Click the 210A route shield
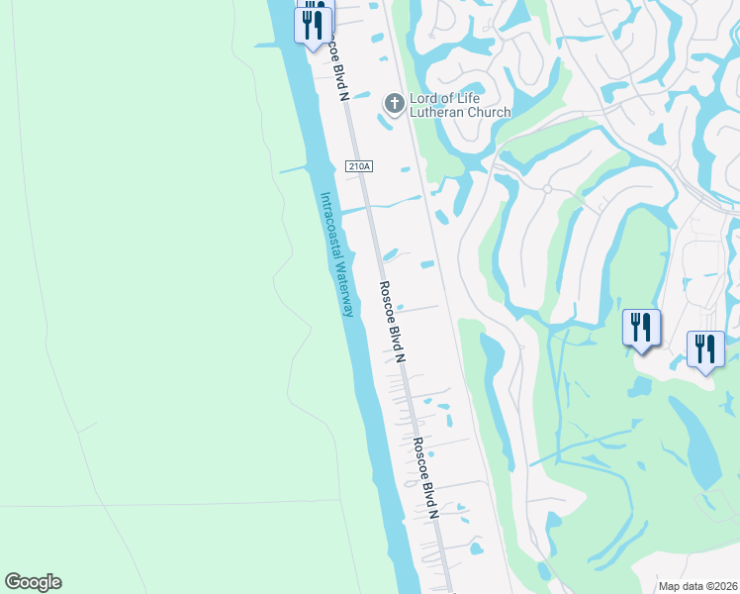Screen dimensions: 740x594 click(x=359, y=167)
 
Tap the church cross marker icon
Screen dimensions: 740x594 click(x=394, y=102)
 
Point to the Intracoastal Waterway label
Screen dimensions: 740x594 click(x=336, y=254)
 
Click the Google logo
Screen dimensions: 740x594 click(x=33, y=582)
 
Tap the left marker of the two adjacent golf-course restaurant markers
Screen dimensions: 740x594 click(x=641, y=327)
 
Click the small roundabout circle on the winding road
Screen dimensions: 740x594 click(x=546, y=188)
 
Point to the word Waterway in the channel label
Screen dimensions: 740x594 click(x=343, y=285)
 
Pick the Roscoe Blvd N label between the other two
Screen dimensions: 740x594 click(x=393, y=320)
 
